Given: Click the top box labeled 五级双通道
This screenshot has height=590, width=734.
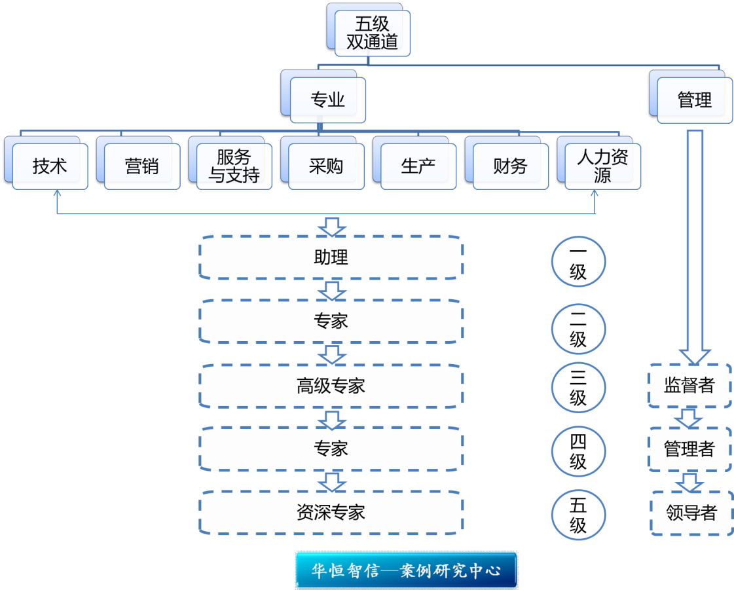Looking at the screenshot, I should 372,33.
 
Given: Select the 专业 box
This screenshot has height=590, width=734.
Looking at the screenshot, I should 327,100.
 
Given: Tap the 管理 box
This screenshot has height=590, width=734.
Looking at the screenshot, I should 694,100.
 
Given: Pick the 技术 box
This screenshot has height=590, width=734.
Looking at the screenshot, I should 50,166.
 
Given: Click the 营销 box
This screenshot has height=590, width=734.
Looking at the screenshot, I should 141,166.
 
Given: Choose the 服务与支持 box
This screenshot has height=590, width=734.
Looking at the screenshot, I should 234,166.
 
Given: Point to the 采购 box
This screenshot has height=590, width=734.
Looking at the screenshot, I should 326,166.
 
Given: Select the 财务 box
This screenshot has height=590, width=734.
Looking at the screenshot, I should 510,166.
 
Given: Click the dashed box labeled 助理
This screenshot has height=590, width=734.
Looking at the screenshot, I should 331,257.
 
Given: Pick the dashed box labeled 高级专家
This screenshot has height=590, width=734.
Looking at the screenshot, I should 331,386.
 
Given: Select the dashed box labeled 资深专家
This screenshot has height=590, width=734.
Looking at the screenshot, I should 331,512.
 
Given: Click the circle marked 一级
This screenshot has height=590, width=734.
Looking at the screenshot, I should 578,261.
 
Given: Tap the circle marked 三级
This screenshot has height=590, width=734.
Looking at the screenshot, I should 578,388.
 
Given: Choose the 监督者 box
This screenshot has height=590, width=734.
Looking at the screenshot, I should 689,385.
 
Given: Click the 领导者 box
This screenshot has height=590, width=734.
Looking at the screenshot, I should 691,513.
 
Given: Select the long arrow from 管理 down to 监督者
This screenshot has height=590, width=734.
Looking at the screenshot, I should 694,242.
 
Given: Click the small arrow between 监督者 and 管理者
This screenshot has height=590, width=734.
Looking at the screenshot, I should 689,417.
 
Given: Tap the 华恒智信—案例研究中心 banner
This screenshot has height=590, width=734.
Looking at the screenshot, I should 407,570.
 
